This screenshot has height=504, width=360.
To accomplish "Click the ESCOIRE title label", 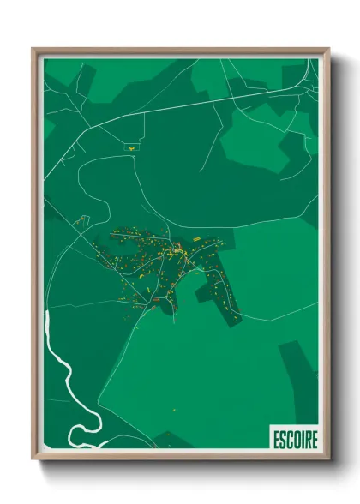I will point(294,439).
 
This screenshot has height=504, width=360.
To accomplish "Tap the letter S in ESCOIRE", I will point(280,439).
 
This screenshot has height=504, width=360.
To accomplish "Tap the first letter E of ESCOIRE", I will point(274,439).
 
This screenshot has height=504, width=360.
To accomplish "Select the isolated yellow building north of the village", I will point(132,147).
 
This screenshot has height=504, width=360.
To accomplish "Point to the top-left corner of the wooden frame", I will point(33,50).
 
